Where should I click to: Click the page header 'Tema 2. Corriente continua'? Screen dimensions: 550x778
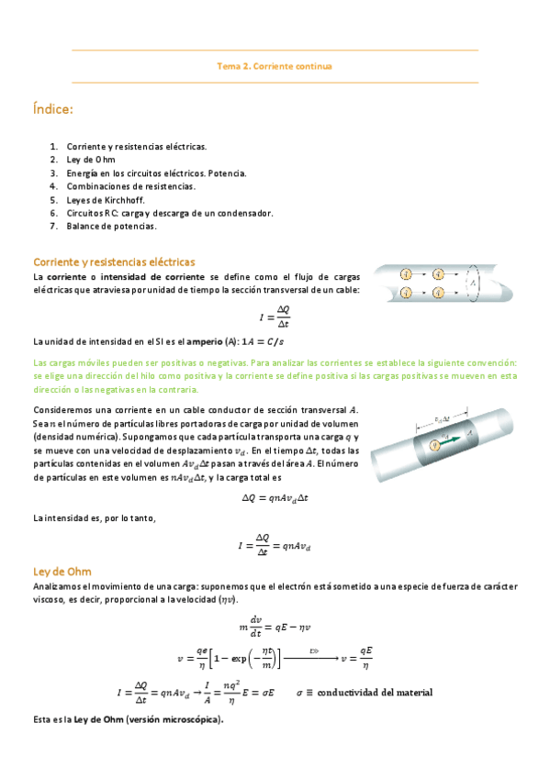275,66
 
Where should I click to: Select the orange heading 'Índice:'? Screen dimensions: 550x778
52,110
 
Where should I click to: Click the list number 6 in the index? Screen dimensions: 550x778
55,213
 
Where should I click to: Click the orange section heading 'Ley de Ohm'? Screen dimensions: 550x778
62,571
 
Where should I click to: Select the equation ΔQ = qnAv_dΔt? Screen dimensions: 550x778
275,497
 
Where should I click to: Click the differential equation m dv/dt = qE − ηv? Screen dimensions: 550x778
275,627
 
